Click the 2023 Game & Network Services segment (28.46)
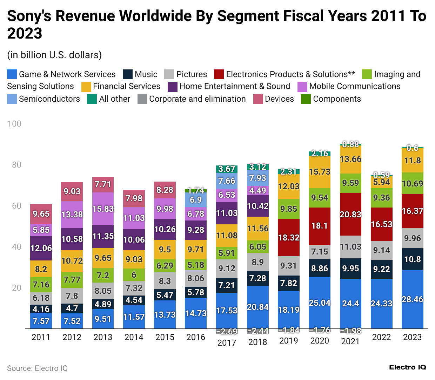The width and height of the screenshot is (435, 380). tap(412, 299)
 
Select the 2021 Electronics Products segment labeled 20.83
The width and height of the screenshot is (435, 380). tap(350, 214)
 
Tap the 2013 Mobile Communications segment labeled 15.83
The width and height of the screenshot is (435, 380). tap(103, 209)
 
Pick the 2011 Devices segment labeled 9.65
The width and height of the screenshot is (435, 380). tap(41, 214)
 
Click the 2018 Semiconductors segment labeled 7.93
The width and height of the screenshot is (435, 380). tap(257, 178)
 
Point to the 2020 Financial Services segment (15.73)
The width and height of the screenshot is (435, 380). tap(320, 172)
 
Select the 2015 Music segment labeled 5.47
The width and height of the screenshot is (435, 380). tap(165, 295)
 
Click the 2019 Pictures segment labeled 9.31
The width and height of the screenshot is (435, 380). tap(289, 266)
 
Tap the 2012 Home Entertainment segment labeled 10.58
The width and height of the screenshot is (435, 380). tap(72, 239)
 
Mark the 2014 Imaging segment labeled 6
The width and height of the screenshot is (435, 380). tap(134, 274)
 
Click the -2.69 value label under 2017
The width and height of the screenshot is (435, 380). tap(227, 331)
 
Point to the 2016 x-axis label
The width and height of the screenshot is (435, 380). tap(196, 337)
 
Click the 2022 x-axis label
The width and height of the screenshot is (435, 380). tap(381, 337)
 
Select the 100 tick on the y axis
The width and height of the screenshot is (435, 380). tap(14, 124)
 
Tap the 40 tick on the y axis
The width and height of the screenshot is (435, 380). tap(16, 247)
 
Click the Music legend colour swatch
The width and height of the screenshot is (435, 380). tap(128, 74)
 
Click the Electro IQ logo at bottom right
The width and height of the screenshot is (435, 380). tap(407, 367)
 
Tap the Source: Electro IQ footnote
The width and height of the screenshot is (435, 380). tap(37, 368)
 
